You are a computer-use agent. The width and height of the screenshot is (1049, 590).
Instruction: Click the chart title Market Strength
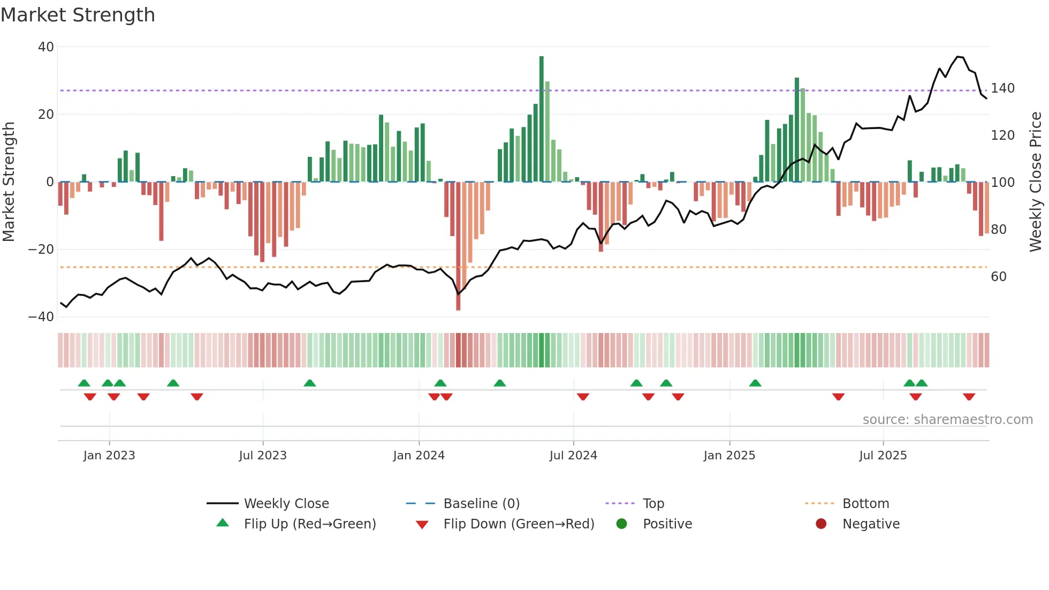(78, 15)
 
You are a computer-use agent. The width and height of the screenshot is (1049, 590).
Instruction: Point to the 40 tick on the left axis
(46, 47)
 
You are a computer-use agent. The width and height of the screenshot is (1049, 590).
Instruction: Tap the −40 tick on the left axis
(41, 317)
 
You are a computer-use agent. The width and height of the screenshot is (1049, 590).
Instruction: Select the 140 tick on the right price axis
(1002, 88)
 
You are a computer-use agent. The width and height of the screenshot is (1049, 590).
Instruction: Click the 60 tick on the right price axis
(999, 277)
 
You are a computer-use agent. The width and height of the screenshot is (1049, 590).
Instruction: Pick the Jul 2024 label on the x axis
(573, 456)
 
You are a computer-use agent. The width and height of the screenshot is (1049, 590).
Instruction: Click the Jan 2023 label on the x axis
(109, 456)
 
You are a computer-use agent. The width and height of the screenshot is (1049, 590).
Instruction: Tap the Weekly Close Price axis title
(1036, 182)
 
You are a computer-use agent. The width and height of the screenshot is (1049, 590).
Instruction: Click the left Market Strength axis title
(9, 182)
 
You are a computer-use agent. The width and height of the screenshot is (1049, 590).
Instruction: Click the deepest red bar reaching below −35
(458, 246)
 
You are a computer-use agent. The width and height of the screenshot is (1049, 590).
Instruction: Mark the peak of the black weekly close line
(958, 56)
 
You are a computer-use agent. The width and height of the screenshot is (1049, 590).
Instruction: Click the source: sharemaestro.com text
(947, 420)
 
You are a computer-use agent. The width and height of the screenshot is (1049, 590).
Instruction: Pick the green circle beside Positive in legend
(621, 524)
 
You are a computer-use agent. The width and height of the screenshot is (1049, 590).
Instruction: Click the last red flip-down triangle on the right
(969, 397)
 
